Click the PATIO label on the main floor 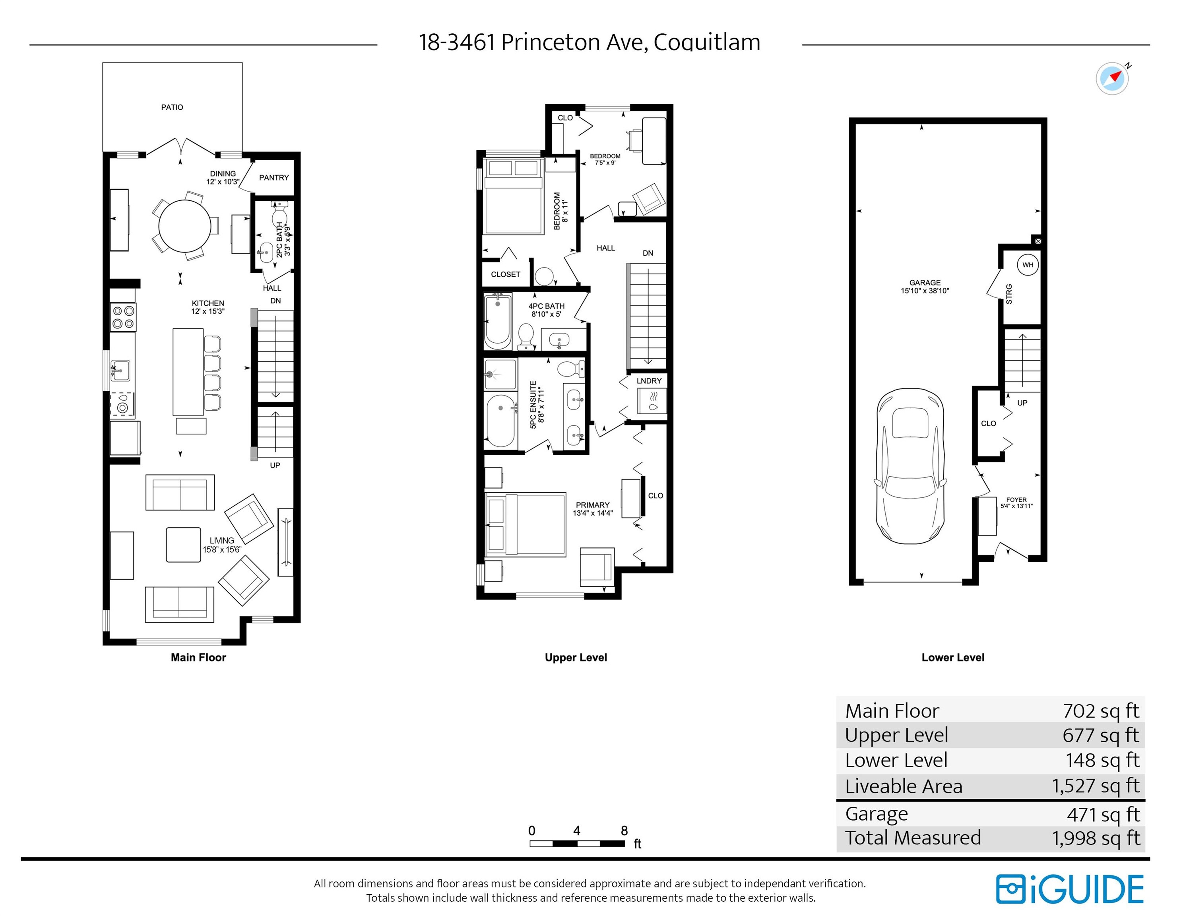click(172, 107)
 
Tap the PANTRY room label click(273, 177)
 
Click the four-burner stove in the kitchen click(123, 317)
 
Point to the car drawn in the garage click(910, 466)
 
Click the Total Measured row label click(913, 838)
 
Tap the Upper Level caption click(576, 658)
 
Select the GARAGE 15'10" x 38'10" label click(925, 287)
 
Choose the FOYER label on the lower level click(1016, 503)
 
